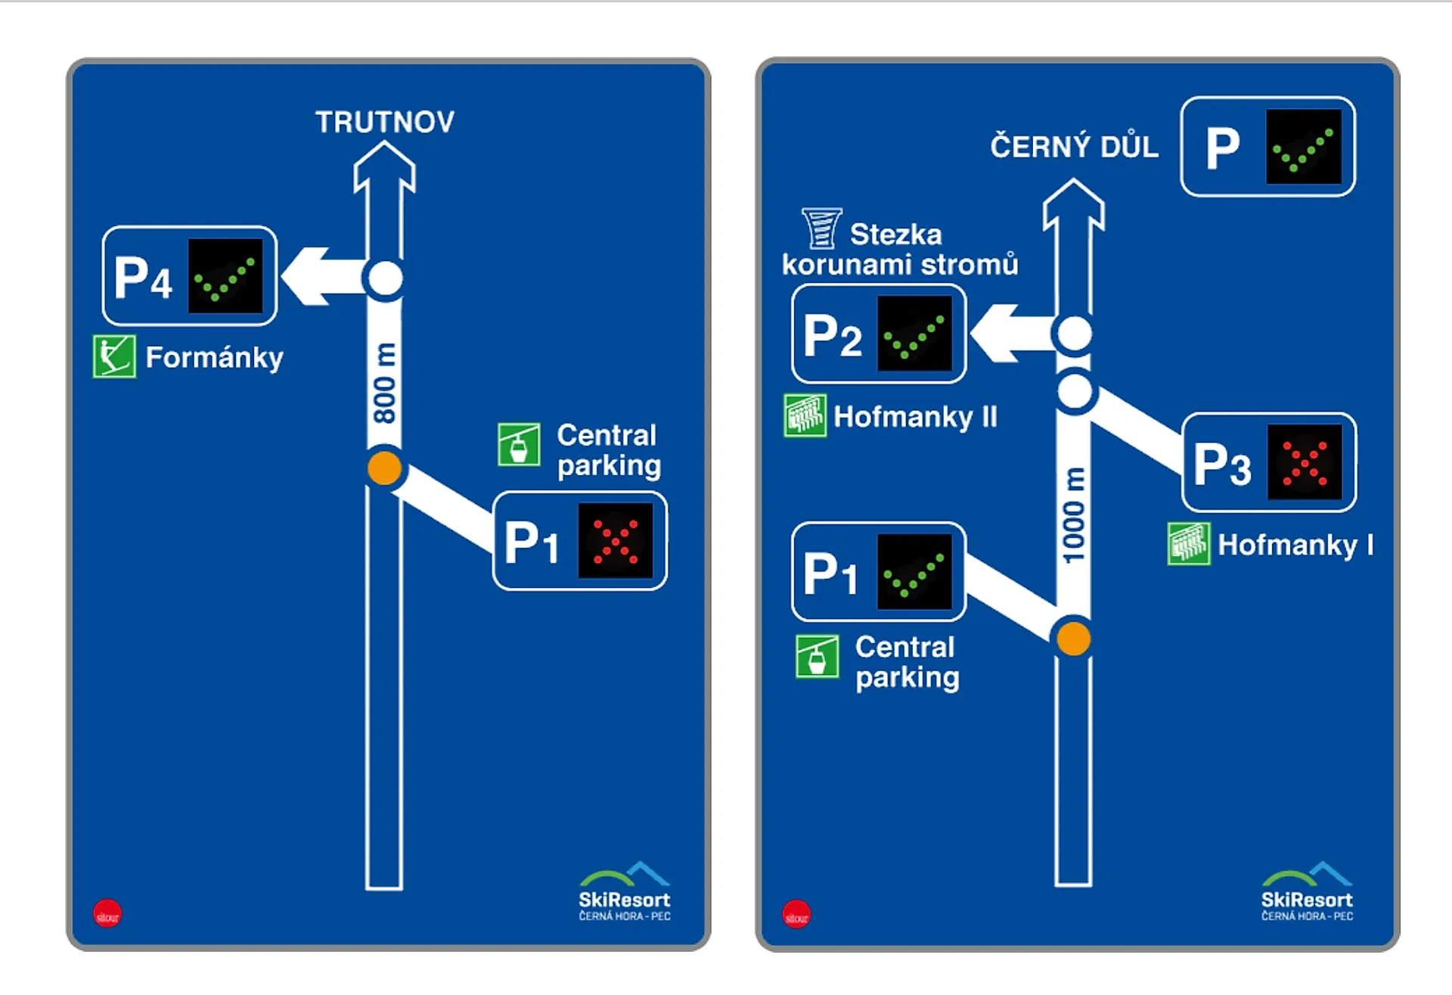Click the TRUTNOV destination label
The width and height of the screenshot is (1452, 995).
(385, 122)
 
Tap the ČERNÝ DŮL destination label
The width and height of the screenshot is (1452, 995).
(1074, 146)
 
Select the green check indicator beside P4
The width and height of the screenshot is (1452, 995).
(225, 276)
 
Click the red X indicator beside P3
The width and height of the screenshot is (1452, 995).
(1305, 462)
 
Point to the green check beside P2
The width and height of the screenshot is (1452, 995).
(914, 334)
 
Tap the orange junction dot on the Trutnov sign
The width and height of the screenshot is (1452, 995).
(384, 468)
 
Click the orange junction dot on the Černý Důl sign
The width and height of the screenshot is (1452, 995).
(1073, 638)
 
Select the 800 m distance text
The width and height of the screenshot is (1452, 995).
(384, 383)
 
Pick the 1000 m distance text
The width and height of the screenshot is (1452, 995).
(1073, 515)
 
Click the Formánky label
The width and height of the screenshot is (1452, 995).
(214, 357)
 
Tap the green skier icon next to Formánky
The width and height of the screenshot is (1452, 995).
(114, 356)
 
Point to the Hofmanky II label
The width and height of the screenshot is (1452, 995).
(915, 417)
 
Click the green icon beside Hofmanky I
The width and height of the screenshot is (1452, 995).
(1188, 544)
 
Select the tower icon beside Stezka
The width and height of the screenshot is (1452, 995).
(821, 229)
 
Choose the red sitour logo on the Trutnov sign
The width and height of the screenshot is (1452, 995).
(107, 914)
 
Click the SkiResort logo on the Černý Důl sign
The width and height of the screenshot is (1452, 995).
(1306, 892)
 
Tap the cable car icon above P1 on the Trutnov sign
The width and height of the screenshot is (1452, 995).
(519, 444)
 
